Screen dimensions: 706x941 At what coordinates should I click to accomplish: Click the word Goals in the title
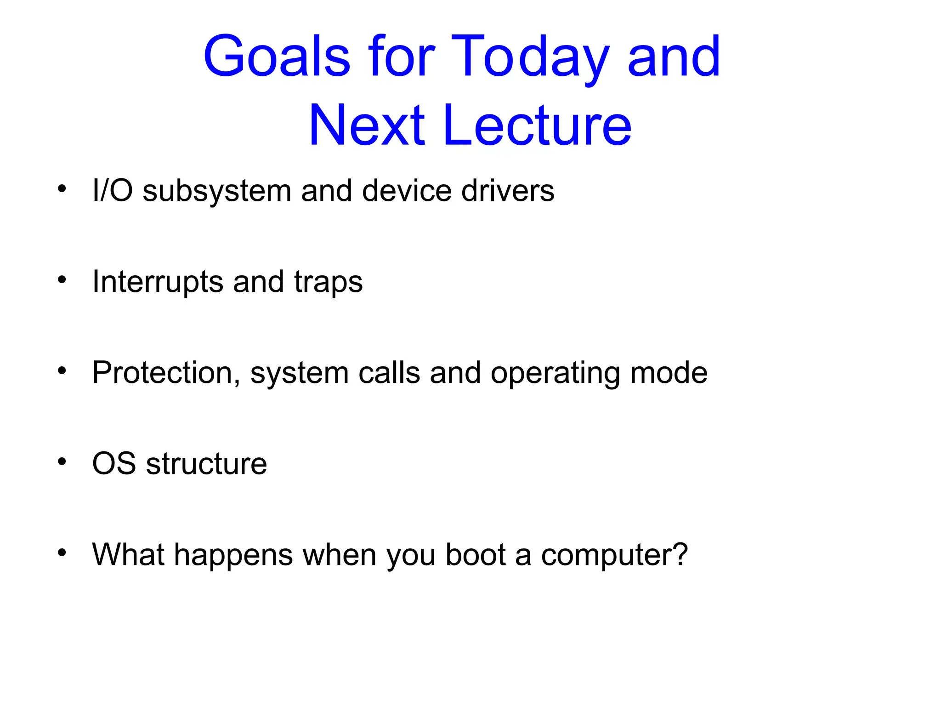click(277, 57)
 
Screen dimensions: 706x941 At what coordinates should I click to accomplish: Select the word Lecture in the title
click(537, 125)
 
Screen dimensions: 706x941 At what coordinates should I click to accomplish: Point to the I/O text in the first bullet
click(113, 190)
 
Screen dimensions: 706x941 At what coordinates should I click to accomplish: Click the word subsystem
click(216, 191)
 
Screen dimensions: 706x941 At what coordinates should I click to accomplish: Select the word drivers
click(508, 190)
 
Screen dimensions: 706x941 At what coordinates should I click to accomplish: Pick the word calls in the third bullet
click(389, 373)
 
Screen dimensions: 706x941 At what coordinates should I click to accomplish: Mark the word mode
click(669, 373)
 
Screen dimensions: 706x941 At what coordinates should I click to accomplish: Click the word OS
click(114, 463)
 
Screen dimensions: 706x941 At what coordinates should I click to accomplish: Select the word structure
click(206, 464)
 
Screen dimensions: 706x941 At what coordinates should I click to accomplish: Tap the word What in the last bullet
click(128, 554)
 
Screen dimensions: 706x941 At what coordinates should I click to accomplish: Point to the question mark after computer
click(680, 554)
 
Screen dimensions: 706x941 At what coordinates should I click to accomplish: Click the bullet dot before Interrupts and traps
click(62, 279)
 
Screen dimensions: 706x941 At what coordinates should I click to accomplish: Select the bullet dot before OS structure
click(62, 461)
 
